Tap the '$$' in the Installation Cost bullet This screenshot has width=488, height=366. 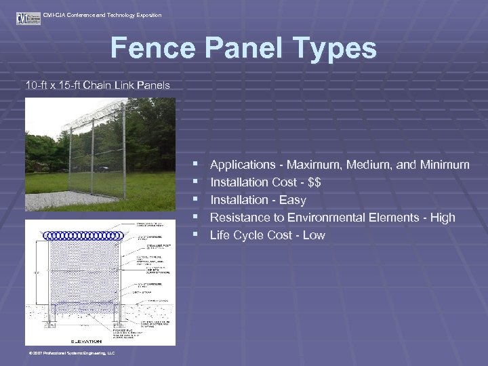[313, 182]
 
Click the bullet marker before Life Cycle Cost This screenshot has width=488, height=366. [195, 235]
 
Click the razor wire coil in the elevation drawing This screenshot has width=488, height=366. [83, 236]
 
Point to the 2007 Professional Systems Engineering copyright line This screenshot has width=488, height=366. [71, 353]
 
